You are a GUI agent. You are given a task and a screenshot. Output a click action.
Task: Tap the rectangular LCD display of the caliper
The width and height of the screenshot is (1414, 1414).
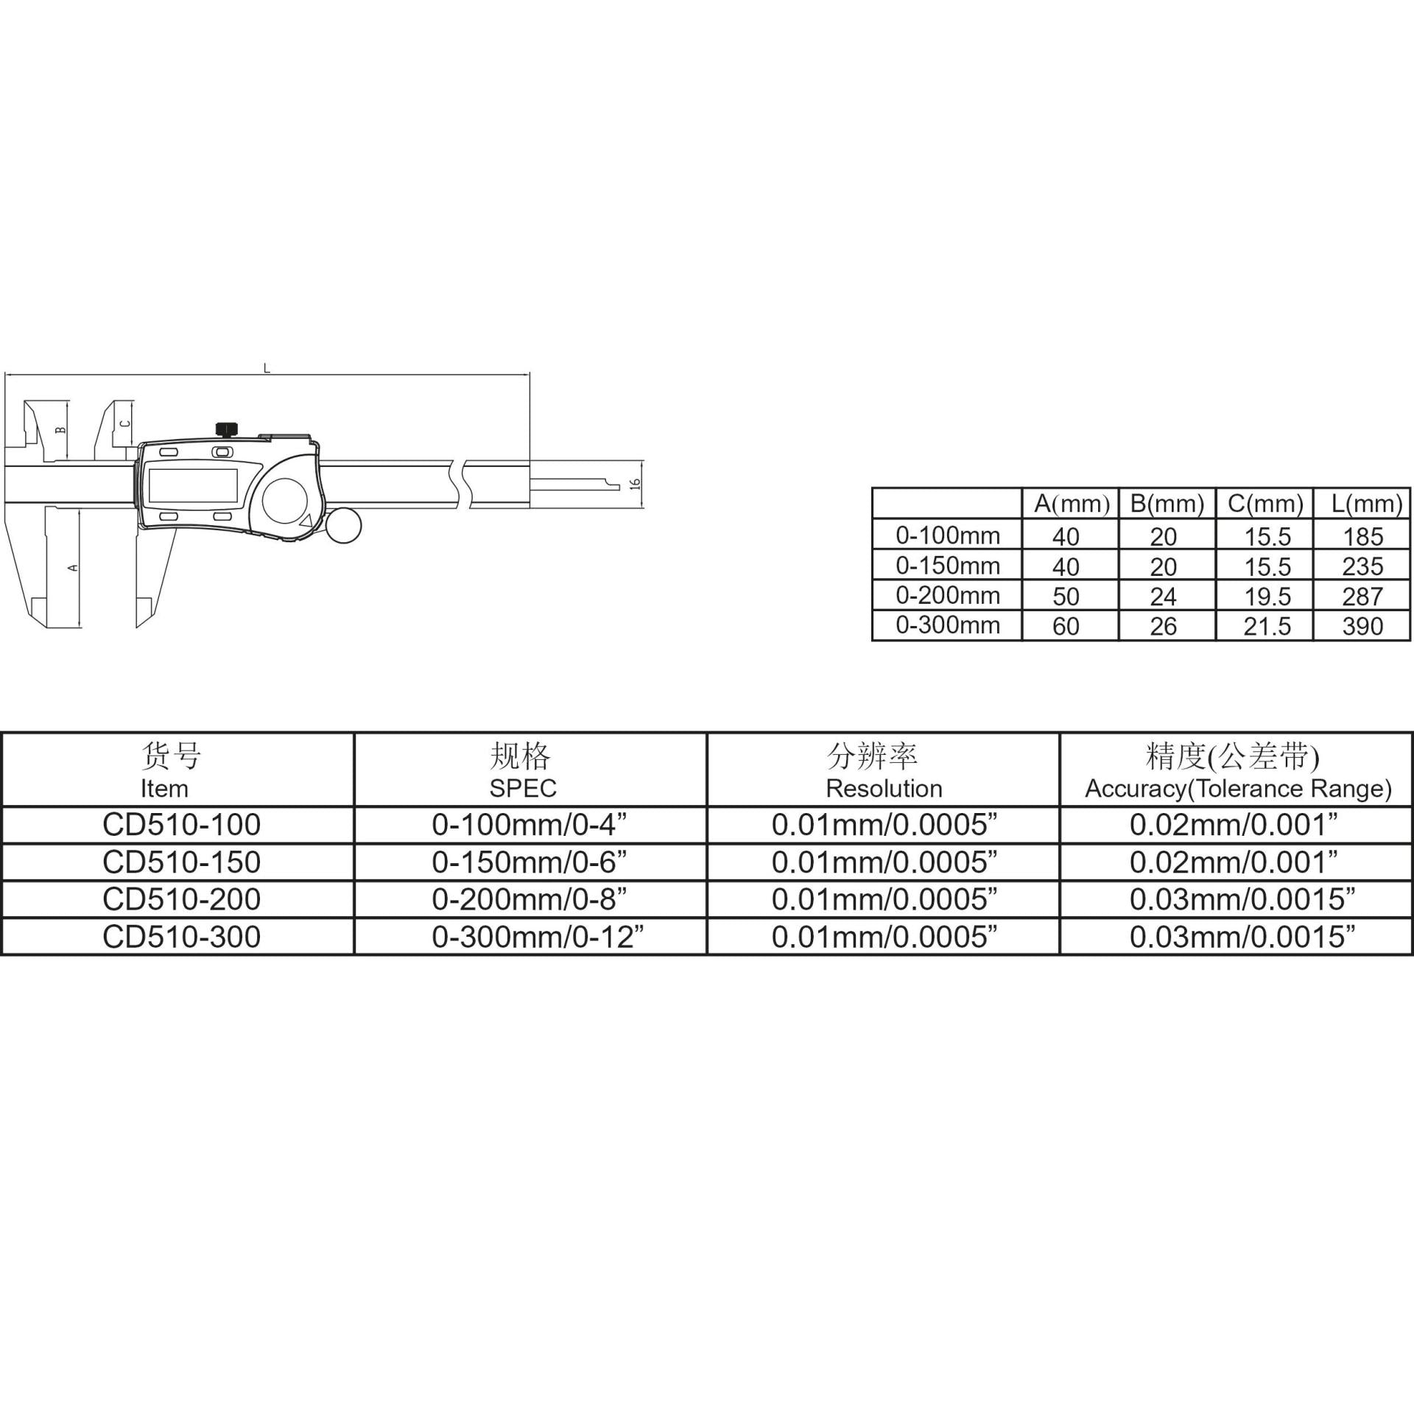193,485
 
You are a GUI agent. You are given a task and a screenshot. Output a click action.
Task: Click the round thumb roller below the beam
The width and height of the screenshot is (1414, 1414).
342,525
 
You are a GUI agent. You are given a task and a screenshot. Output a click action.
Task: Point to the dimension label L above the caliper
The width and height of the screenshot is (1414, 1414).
267,367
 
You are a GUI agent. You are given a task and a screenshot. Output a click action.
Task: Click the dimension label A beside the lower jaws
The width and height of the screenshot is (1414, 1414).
72,567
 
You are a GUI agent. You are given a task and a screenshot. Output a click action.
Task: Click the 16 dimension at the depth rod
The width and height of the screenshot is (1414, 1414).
636,484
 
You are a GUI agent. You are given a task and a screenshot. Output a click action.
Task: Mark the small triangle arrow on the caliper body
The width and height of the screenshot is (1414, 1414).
306,521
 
